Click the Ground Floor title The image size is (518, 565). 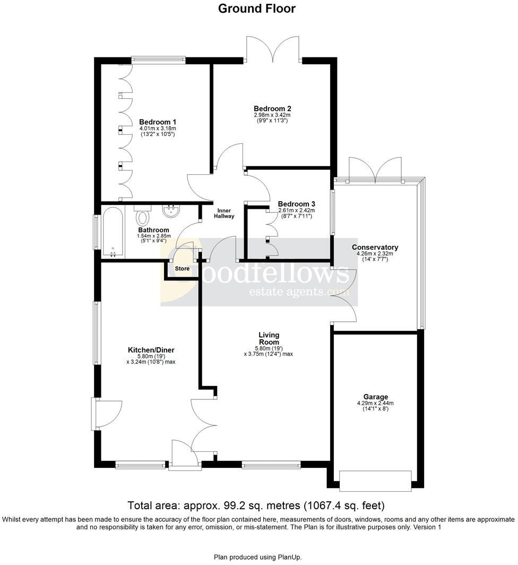click(x=257, y=8)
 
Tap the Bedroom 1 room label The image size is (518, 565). click(x=158, y=122)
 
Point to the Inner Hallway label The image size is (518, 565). click(x=224, y=212)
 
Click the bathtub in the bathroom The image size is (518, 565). click(x=112, y=232)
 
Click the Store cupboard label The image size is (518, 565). click(x=183, y=269)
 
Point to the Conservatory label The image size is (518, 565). click(x=375, y=247)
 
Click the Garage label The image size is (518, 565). click(x=375, y=397)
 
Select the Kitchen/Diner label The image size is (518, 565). click(x=151, y=350)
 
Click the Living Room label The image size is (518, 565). click(x=269, y=338)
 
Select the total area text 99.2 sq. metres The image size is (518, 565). click(x=256, y=505)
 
